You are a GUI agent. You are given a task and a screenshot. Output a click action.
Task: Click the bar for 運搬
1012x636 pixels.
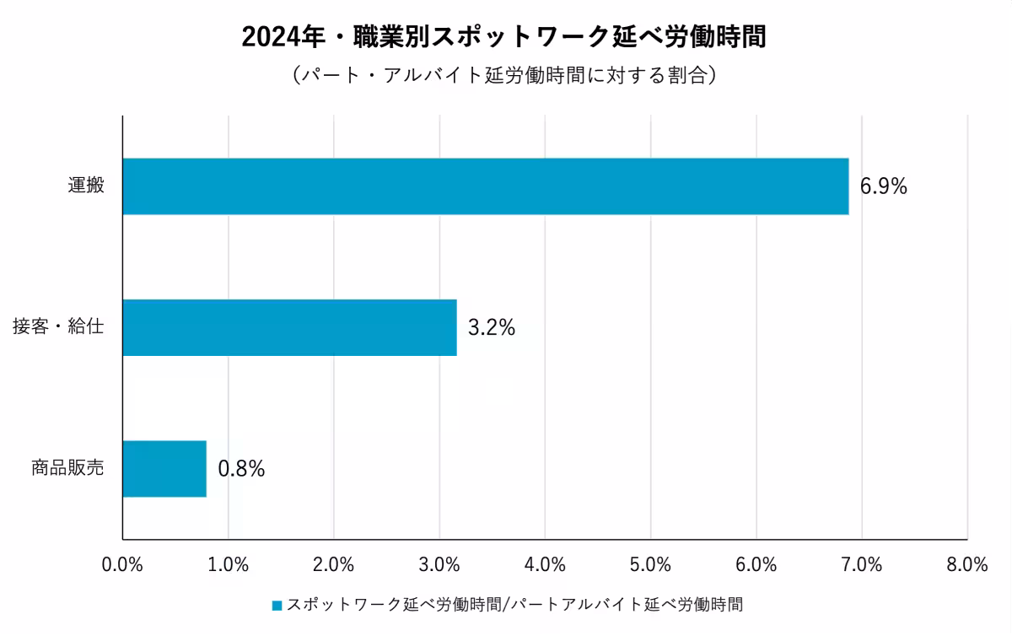tap(485, 186)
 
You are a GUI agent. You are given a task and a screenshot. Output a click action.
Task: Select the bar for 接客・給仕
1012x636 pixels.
tap(289, 327)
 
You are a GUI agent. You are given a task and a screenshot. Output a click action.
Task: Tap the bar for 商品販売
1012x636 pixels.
tap(164, 468)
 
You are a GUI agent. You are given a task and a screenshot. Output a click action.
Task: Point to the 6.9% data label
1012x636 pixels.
tap(883, 187)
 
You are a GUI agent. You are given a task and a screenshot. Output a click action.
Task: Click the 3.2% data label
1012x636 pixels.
tap(491, 328)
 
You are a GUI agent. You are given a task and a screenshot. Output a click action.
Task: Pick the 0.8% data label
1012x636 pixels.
tap(241, 469)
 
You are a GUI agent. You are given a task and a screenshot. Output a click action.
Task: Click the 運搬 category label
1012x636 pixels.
tap(86, 186)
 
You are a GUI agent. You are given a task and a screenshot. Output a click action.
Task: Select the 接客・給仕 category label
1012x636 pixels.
tap(58, 327)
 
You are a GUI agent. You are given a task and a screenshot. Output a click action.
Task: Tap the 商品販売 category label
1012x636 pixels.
tap(67, 468)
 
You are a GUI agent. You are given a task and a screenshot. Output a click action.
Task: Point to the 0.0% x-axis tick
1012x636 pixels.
tap(122, 565)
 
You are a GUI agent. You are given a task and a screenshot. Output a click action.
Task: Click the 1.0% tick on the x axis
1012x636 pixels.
tap(228, 565)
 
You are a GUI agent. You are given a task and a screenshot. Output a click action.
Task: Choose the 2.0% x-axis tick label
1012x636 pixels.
tap(333, 565)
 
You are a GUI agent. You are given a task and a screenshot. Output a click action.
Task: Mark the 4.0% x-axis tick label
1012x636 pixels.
tap(545, 565)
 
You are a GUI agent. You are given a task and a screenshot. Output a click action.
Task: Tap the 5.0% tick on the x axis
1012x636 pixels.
tap(650, 565)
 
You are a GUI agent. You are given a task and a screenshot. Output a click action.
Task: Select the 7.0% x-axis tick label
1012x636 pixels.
tap(861, 565)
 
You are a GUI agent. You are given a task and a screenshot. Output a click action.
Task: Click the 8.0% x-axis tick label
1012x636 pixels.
tap(966, 565)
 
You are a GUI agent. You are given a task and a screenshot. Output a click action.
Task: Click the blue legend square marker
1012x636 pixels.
tap(277, 605)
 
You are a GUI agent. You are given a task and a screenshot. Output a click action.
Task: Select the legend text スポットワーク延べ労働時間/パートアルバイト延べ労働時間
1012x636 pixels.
tap(515, 604)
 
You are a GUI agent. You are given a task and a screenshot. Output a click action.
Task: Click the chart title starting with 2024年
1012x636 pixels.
tap(504, 38)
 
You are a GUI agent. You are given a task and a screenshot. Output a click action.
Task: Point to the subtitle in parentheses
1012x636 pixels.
tap(504, 75)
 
